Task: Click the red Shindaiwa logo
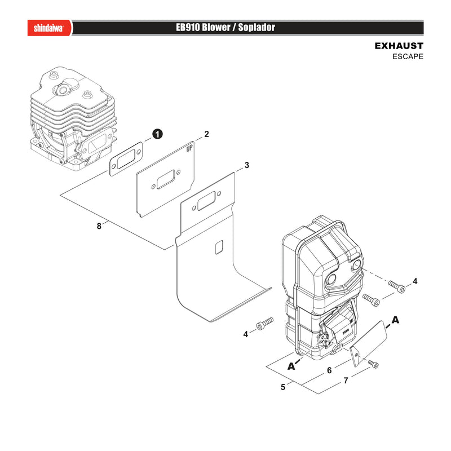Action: pos(50,28)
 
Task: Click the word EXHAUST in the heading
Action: pos(399,46)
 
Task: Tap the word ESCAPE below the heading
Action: pos(408,57)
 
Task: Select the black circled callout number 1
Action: pos(157,134)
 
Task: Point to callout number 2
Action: pos(206,134)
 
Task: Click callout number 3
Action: pos(246,165)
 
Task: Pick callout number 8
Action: pos(99,226)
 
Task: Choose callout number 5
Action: pos(283,387)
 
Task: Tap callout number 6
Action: pos(330,370)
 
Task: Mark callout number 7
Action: pos(346,381)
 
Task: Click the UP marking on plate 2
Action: pos(189,148)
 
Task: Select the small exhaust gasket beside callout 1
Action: pos(126,159)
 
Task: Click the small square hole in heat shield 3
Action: pos(219,247)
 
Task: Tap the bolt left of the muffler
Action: pos(264,324)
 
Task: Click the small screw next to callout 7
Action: pos(373,364)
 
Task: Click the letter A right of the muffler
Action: pos(396,320)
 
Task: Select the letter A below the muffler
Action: pos(291,366)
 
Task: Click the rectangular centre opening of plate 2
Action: pos(166,179)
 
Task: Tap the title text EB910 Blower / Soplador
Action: pos(225,28)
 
